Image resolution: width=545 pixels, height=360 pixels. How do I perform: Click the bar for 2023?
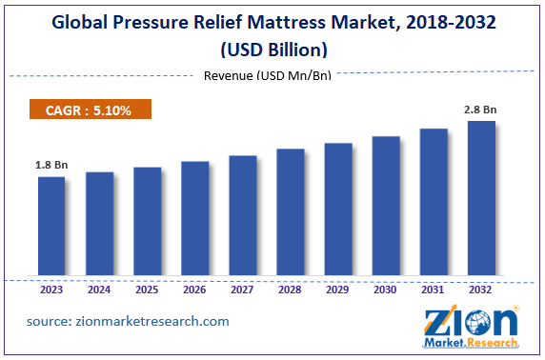pos(51,228)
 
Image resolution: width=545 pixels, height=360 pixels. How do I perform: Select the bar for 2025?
pos(147,223)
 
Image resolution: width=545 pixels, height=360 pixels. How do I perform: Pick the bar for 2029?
pos(337,210)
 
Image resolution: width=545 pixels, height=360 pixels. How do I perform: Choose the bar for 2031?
pos(434,204)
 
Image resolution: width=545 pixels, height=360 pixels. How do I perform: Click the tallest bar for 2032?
pos(481,200)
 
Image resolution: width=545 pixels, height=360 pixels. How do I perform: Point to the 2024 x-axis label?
pos(99,290)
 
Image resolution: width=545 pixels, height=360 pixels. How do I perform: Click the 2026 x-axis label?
pos(194,290)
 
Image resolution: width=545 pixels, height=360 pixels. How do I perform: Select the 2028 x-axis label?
pos(290,290)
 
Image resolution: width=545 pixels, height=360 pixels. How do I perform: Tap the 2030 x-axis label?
pos(385,290)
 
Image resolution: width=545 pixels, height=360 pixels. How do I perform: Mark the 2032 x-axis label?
pos(481,290)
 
